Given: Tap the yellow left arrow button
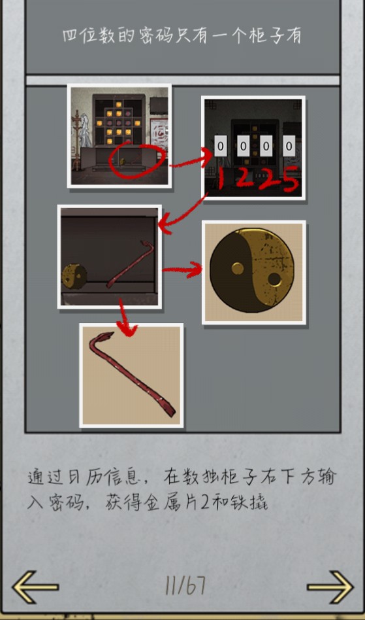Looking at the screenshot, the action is point(35,587).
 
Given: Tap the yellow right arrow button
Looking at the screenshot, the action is point(330,587).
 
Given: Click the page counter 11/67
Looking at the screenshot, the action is point(185,585).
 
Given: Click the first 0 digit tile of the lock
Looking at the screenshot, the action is point(220,146).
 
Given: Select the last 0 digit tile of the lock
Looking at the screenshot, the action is point(289,146).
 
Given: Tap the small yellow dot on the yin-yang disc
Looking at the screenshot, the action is point(238,269).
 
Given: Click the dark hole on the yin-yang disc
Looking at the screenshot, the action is point(274,279).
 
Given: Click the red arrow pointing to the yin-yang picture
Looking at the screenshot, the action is point(182,270).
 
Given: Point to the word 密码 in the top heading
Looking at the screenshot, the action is point(156,35).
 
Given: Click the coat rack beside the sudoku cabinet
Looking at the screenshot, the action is point(77,139).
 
